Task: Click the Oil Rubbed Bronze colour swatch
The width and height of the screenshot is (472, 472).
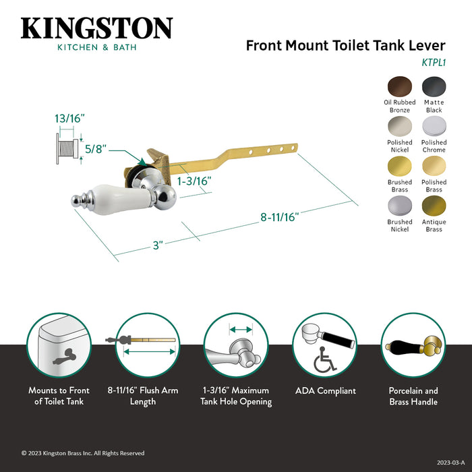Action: point(400,86)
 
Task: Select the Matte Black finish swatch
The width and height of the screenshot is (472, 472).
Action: point(434,86)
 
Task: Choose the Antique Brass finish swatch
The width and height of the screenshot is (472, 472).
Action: point(434,205)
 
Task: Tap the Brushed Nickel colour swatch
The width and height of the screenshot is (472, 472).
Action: point(400,205)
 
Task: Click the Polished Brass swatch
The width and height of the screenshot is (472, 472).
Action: point(434,165)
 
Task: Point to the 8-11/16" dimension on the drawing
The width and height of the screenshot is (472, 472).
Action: point(279,217)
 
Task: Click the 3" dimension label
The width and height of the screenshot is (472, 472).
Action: point(158,245)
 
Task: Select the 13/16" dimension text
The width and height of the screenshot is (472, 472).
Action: point(70,118)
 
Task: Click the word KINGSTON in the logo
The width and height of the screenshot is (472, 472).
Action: point(96,28)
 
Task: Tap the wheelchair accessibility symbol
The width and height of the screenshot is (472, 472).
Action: point(326,362)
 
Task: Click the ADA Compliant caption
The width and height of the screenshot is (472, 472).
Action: point(326,390)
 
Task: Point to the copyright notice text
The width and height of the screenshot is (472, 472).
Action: point(82,453)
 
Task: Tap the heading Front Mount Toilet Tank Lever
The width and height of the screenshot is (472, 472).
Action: point(345,46)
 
